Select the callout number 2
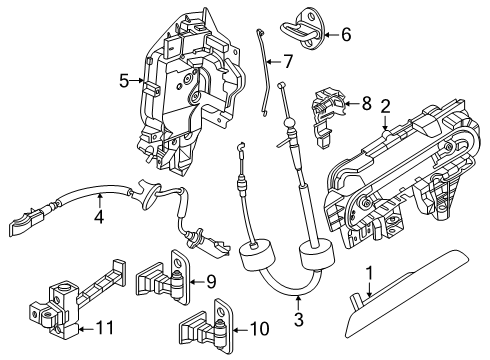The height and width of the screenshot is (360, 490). pos(385,107)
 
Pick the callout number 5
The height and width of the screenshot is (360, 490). pos(124,81)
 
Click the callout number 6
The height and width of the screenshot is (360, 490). pos(346,35)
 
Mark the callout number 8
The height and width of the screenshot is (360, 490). pos(366,102)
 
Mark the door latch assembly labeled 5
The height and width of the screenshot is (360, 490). pos(190,95)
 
